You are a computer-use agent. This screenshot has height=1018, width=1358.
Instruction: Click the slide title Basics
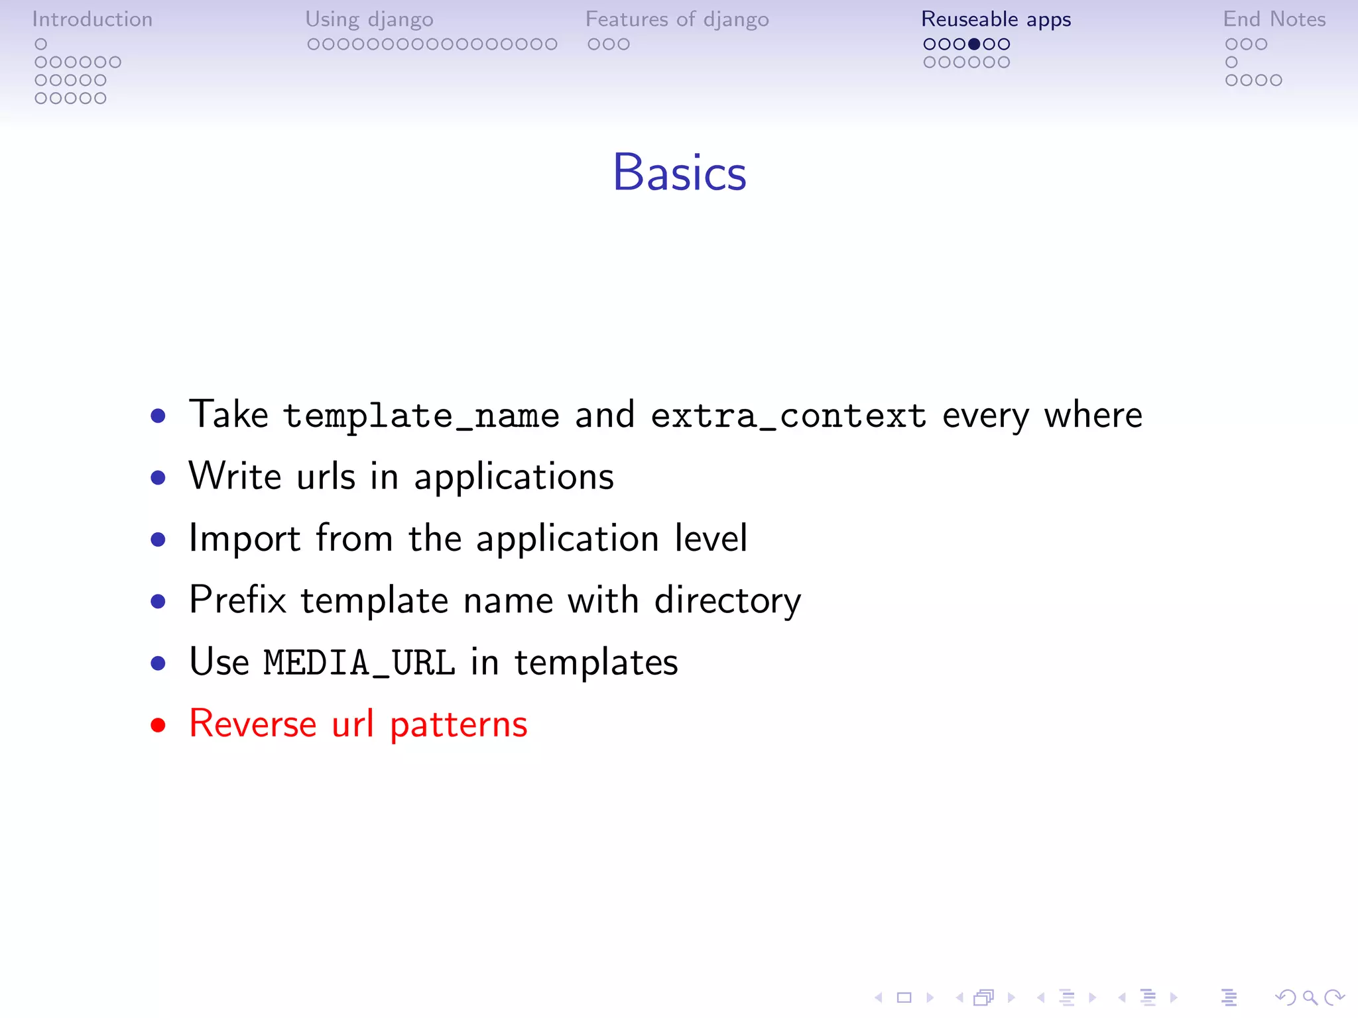[x=679, y=172]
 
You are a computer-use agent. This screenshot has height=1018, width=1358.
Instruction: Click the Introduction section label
[x=92, y=19]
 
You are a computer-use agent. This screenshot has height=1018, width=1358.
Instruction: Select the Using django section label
[x=369, y=19]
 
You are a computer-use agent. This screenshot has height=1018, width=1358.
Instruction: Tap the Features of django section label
[x=676, y=19]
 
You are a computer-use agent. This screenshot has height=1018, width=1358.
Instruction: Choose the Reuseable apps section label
[x=995, y=19]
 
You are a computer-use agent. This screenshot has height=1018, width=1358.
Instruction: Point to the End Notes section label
[x=1274, y=19]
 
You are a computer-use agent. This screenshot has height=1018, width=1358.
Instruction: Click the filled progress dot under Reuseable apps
[x=974, y=44]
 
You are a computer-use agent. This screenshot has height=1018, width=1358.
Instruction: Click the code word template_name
[x=421, y=416]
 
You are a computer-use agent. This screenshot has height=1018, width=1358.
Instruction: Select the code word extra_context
[x=788, y=416]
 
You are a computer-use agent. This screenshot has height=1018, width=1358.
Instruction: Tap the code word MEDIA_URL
[x=359, y=663]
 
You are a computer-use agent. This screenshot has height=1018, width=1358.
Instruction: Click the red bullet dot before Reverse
[x=158, y=724]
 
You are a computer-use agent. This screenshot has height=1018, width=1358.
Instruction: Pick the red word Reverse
[x=253, y=724]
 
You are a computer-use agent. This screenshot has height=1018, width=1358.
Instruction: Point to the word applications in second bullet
[x=514, y=477]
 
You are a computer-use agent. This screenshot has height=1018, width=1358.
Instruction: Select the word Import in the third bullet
[x=245, y=538]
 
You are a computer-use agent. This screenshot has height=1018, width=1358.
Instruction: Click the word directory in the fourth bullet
[x=727, y=600]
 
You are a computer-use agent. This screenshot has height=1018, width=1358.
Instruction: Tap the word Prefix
[x=237, y=600]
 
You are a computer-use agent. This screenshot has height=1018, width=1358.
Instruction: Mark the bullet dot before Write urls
[x=158, y=477]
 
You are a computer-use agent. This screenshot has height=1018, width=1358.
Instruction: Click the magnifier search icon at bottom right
[x=1310, y=997]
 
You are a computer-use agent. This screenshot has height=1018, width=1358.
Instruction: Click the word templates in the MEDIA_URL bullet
[x=596, y=663]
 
